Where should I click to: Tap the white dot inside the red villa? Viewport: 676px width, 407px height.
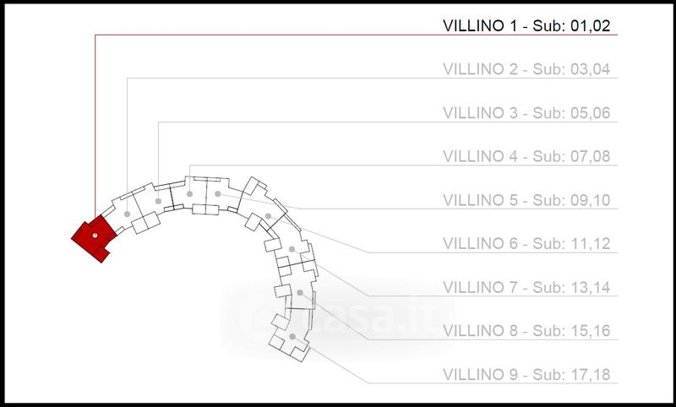(x=95, y=235)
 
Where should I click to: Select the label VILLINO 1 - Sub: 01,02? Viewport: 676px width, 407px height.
(x=526, y=26)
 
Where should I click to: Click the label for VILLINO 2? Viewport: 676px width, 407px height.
(x=526, y=69)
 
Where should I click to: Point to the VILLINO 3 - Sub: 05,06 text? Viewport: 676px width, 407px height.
(x=526, y=113)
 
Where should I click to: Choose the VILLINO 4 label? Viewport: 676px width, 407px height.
(x=526, y=156)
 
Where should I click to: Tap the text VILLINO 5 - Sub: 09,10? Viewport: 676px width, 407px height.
(x=526, y=200)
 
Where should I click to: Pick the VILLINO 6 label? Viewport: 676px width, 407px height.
(x=526, y=244)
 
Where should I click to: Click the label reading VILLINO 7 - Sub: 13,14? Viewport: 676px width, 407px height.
(x=526, y=287)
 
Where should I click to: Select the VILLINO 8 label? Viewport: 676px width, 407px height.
(x=526, y=331)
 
